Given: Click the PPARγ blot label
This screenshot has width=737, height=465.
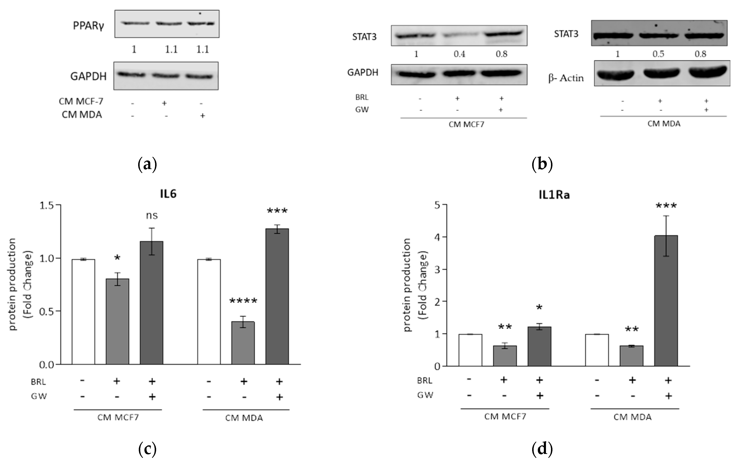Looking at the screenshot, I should [88, 26].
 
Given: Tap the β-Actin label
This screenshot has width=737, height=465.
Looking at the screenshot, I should [566, 78].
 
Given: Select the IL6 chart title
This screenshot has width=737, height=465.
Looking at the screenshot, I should [168, 194].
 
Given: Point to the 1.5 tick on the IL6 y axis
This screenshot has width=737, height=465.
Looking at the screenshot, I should [47, 205].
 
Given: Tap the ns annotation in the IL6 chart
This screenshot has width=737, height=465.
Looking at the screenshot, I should [152, 216].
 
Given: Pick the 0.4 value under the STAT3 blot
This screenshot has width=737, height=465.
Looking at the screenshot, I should [459, 54].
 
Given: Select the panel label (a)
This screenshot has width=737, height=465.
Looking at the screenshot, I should [147, 164].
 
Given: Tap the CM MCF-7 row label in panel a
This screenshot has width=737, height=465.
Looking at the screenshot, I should [81, 102].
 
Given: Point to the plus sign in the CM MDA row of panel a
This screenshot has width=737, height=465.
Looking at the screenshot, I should [202, 116].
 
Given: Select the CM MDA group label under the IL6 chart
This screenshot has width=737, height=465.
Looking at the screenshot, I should [244, 418].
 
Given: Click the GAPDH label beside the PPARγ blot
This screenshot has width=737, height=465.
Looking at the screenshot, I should [88, 76].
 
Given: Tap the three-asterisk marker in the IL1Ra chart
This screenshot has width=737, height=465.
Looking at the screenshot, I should [666, 206].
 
